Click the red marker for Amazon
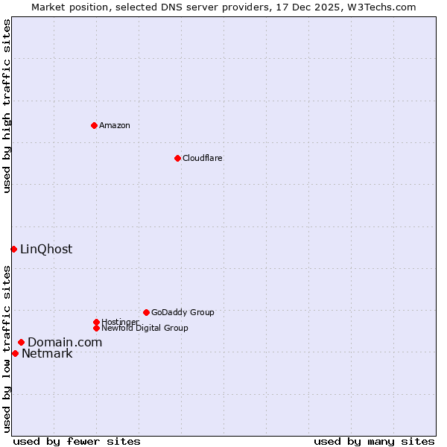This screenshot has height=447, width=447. tap(94, 125)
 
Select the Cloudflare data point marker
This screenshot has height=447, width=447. tap(177, 158)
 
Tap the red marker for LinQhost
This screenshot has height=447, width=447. tap(13, 249)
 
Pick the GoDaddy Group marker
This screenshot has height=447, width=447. tap(146, 312)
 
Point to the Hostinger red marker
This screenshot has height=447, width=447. tap(96, 322)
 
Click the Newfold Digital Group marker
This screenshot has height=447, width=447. tap(96, 328)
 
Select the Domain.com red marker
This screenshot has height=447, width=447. tap(21, 342)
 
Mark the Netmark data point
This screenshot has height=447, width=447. tap(15, 353)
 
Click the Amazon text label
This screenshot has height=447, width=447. tap(115, 125)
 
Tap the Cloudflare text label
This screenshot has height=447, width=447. tap(203, 158)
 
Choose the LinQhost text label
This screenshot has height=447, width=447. tap(46, 249)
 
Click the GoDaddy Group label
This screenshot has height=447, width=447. tap(183, 312)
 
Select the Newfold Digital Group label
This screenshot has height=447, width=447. tap(145, 328)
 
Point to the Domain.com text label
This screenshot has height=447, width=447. tap(65, 342)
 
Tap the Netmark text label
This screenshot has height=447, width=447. tap(47, 353)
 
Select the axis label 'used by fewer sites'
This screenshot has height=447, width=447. tap(77, 441)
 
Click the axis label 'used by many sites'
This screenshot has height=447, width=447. tap(374, 441)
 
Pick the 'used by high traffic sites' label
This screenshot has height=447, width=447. tap(7, 106)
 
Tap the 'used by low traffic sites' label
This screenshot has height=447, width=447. tap(7, 349)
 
